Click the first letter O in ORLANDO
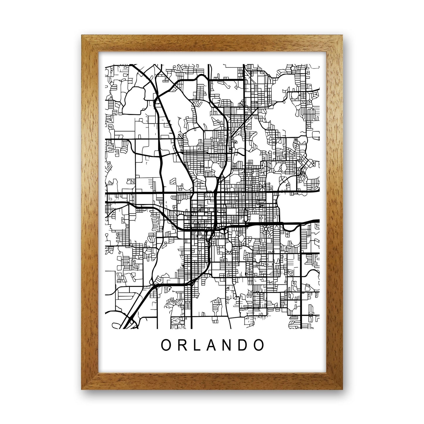tap(165, 345)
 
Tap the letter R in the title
tap(182, 345)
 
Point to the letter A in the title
tap(212, 345)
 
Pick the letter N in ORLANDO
tap(229, 345)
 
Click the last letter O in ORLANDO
tap(259, 345)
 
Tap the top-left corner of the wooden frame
tap(82, 36)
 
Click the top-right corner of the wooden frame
tap(342, 36)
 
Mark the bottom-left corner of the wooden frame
tap(82, 389)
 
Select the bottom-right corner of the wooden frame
tap(342, 389)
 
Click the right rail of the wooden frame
tap(334, 211)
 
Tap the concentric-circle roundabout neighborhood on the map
tap(266, 228)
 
